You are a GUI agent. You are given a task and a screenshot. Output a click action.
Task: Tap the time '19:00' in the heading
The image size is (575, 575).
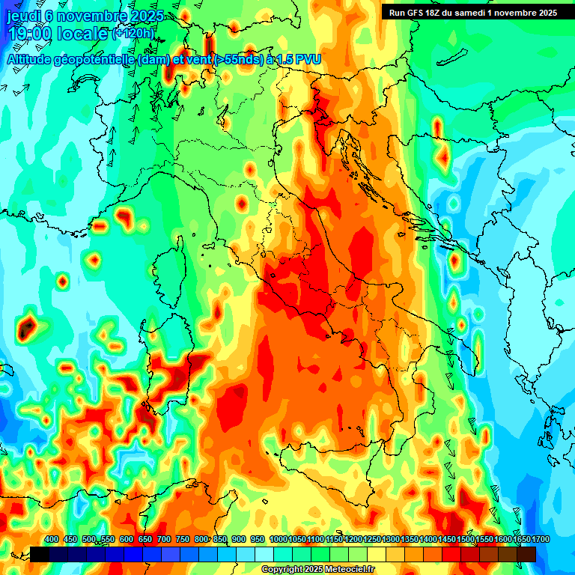pyautogui.click(x=30, y=34)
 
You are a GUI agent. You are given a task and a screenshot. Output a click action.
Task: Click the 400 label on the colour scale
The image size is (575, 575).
pyautogui.click(x=52, y=540)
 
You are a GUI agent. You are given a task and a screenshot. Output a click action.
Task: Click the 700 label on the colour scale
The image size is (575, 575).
pyautogui.click(x=163, y=540)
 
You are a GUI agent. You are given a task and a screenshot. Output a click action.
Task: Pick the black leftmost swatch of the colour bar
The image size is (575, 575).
pyautogui.click(x=40, y=554)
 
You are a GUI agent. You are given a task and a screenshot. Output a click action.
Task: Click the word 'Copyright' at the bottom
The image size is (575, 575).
pyautogui.click(x=282, y=570)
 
